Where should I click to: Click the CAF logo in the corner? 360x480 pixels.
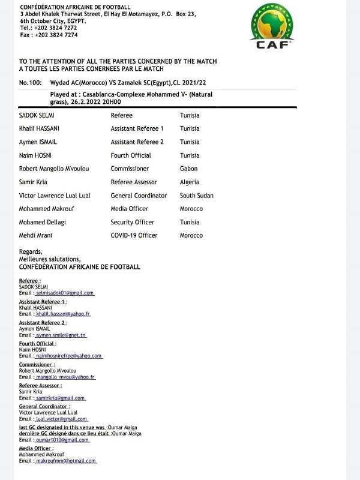tap(273, 26)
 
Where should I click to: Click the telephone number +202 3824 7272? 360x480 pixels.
tap(56, 28)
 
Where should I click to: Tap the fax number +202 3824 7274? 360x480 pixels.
tap(56, 35)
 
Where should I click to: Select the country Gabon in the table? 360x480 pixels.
tap(188, 169)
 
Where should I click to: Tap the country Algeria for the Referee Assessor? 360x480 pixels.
tap(190, 182)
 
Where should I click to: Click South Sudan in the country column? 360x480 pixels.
tap(196, 196)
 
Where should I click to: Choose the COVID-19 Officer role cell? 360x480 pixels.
tap(134, 236)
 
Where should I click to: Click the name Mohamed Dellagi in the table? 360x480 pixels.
tap(44, 223)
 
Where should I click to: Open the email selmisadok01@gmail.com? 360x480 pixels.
tap(65, 293)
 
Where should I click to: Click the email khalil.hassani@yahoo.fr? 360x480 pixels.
tap(63, 314)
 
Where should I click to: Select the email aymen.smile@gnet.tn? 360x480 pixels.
tap(61, 335)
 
